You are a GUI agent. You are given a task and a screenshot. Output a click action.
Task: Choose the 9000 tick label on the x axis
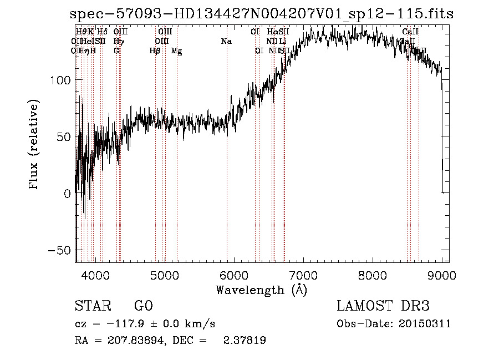(x=441, y=275)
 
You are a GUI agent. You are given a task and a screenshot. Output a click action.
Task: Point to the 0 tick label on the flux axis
(x=67, y=194)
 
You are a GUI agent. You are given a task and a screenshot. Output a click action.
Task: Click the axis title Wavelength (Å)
(x=261, y=290)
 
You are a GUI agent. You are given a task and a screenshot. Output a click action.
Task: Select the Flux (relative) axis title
(x=34, y=145)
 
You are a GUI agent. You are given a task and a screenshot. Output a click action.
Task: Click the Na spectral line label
(x=226, y=42)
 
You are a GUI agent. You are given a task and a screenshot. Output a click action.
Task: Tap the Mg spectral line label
(x=176, y=51)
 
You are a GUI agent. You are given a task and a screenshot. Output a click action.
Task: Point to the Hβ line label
(x=155, y=51)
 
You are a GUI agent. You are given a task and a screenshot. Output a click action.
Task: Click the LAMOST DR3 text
(x=383, y=306)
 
